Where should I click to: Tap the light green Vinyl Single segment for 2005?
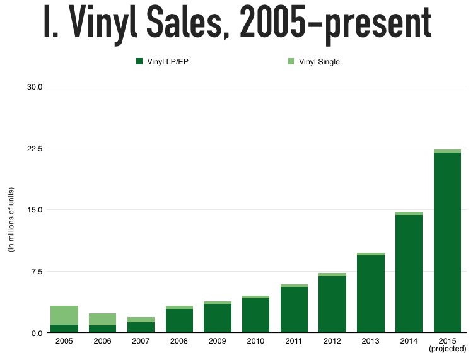tap(64, 315)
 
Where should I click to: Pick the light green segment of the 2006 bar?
tap(102, 319)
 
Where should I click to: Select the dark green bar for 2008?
tap(179, 320)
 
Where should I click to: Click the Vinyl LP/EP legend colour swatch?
tap(139, 61)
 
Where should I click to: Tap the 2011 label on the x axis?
tap(294, 341)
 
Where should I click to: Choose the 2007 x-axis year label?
tap(141, 341)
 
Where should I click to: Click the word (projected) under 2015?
tap(447, 349)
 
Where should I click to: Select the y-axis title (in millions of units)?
tap(11, 220)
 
